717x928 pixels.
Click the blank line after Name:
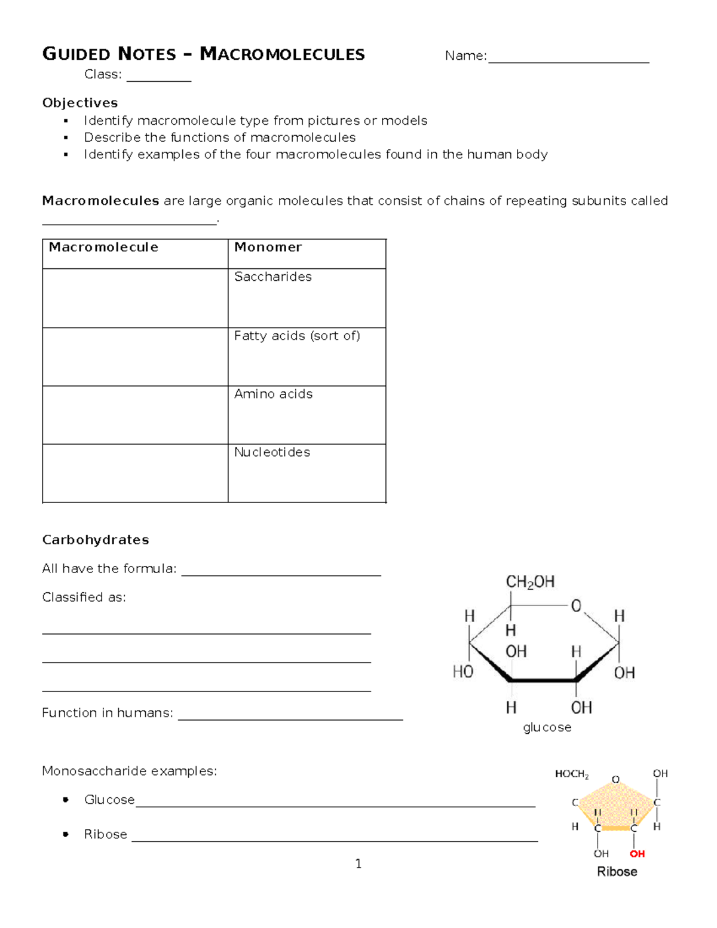tap(568, 58)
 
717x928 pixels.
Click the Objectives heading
tap(80, 103)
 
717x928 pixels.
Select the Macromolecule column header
tap(103, 247)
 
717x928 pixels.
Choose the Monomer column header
tap(268, 247)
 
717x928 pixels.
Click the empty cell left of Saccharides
tap(135, 298)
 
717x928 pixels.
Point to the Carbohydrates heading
tap(96, 540)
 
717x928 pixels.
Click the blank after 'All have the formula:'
tap(281, 571)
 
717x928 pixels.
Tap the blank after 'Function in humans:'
tap(290, 715)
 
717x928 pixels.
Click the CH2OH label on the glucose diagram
tap(530, 582)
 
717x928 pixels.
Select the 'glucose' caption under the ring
tap(547, 727)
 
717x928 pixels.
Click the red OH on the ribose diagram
tap(637, 854)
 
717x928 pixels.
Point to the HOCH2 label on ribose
tap(572, 774)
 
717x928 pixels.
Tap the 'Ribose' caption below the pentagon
tap(617, 872)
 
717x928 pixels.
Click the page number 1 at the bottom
tap(358, 863)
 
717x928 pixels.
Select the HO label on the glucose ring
tap(463, 672)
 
